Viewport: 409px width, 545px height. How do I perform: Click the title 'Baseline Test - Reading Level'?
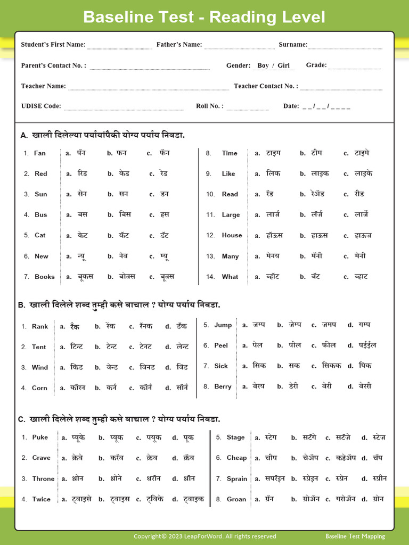[x=204, y=17]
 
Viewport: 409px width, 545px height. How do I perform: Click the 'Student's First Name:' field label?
[x=53, y=45]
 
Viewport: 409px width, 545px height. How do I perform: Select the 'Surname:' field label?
[x=292, y=45]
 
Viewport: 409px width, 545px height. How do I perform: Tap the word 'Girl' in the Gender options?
[x=283, y=65]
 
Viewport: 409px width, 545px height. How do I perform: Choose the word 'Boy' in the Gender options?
[x=263, y=65]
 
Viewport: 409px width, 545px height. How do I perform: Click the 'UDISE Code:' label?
[x=41, y=106]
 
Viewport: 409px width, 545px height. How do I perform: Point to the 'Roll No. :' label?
[x=210, y=106]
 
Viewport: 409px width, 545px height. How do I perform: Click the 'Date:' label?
[x=291, y=106]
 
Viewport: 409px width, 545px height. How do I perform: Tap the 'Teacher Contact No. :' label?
[x=266, y=86]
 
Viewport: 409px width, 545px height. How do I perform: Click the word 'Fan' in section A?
[x=40, y=153]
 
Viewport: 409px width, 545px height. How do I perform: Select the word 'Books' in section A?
[x=45, y=277]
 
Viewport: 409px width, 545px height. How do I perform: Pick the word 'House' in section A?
[x=232, y=235]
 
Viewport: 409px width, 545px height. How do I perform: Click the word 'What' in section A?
[x=230, y=277]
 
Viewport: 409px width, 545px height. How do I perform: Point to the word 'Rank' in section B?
[x=40, y=327]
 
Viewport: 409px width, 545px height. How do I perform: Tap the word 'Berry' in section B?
[x=223, y=387]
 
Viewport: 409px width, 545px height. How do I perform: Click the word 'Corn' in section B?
[x=39, y=389]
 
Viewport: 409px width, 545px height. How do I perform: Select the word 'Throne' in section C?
[x=43, y=479]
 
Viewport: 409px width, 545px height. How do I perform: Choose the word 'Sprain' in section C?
[x=237, y=479]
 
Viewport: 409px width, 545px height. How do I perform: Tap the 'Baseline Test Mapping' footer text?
[x=355, y=536]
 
